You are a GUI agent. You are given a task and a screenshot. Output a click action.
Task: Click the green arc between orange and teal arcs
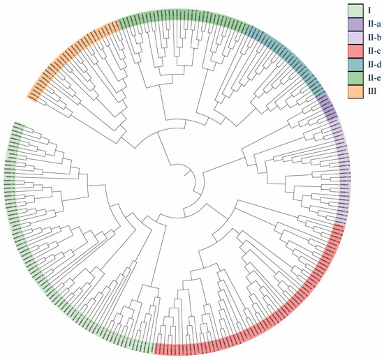(182, 17)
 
